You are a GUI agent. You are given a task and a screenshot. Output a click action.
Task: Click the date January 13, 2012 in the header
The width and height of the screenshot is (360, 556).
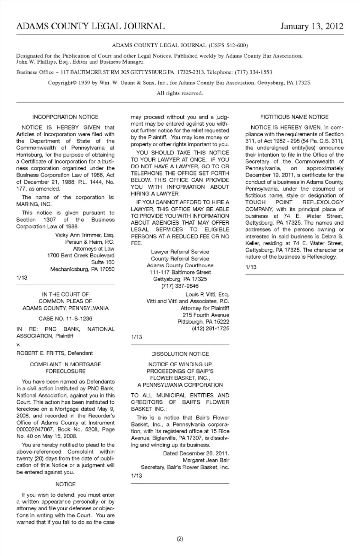pyautogui.click(x=312, y=26)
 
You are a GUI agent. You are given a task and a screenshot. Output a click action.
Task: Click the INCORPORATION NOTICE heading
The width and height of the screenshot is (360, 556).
pyautogui.click(x=65, y=117)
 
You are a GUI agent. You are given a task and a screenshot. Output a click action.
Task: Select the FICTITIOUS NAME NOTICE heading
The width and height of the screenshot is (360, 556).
pyautogui.click(x=294, y=117)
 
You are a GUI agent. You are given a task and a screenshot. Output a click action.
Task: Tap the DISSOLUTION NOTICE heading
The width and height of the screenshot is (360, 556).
pyautogui.click(x=180, y=354)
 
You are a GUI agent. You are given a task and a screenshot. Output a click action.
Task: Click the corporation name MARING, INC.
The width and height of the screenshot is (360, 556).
pyautogui.click(x=34, y=204)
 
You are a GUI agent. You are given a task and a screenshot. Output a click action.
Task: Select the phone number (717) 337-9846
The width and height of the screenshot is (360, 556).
pyautogui.click(x=180, y=286)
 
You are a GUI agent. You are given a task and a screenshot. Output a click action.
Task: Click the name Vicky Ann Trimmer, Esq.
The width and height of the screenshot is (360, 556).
pyautogui.click(x=85, y=235)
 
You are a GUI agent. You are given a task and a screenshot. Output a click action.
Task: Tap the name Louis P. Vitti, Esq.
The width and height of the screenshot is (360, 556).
pyautogui.click(x=207, y=295)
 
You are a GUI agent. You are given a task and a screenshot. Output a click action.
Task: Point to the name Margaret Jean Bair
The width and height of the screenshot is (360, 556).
pyautogui.click(x=206, y=460)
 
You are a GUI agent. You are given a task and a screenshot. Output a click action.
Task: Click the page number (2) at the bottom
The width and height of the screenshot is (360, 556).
pyautogui.click(x=180, y=539)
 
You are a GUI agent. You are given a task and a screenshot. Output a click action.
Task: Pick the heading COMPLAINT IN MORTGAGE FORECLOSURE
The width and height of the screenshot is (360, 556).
pyautogui.click(x=65, y=368)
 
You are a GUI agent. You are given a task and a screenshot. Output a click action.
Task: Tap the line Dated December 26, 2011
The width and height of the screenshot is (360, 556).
pyautogui.click(x=196, y=454)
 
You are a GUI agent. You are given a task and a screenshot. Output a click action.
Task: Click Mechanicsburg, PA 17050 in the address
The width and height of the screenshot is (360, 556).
pyautogui.click(x=82, y=269)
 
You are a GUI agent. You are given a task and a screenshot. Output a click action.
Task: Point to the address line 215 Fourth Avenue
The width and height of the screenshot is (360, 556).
pyautogui.click(x=205, y=315)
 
